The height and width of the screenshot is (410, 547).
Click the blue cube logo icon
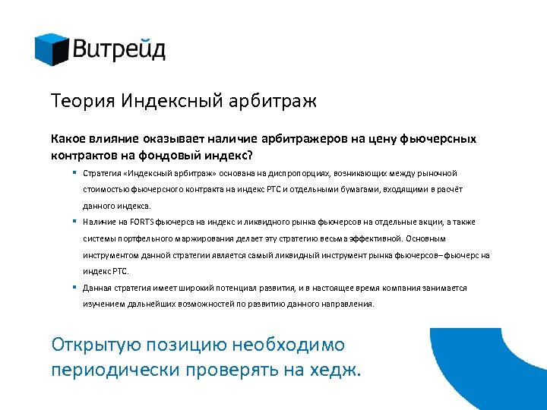pos(52,49)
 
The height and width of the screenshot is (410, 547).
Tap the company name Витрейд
pos(119,51)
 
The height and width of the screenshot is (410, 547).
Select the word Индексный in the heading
pos(164,101)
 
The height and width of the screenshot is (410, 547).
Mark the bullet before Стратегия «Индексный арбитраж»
pos(77,173)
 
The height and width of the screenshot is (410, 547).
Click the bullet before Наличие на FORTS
pos(77,222)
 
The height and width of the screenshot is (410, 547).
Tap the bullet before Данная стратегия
pos(77,288)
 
